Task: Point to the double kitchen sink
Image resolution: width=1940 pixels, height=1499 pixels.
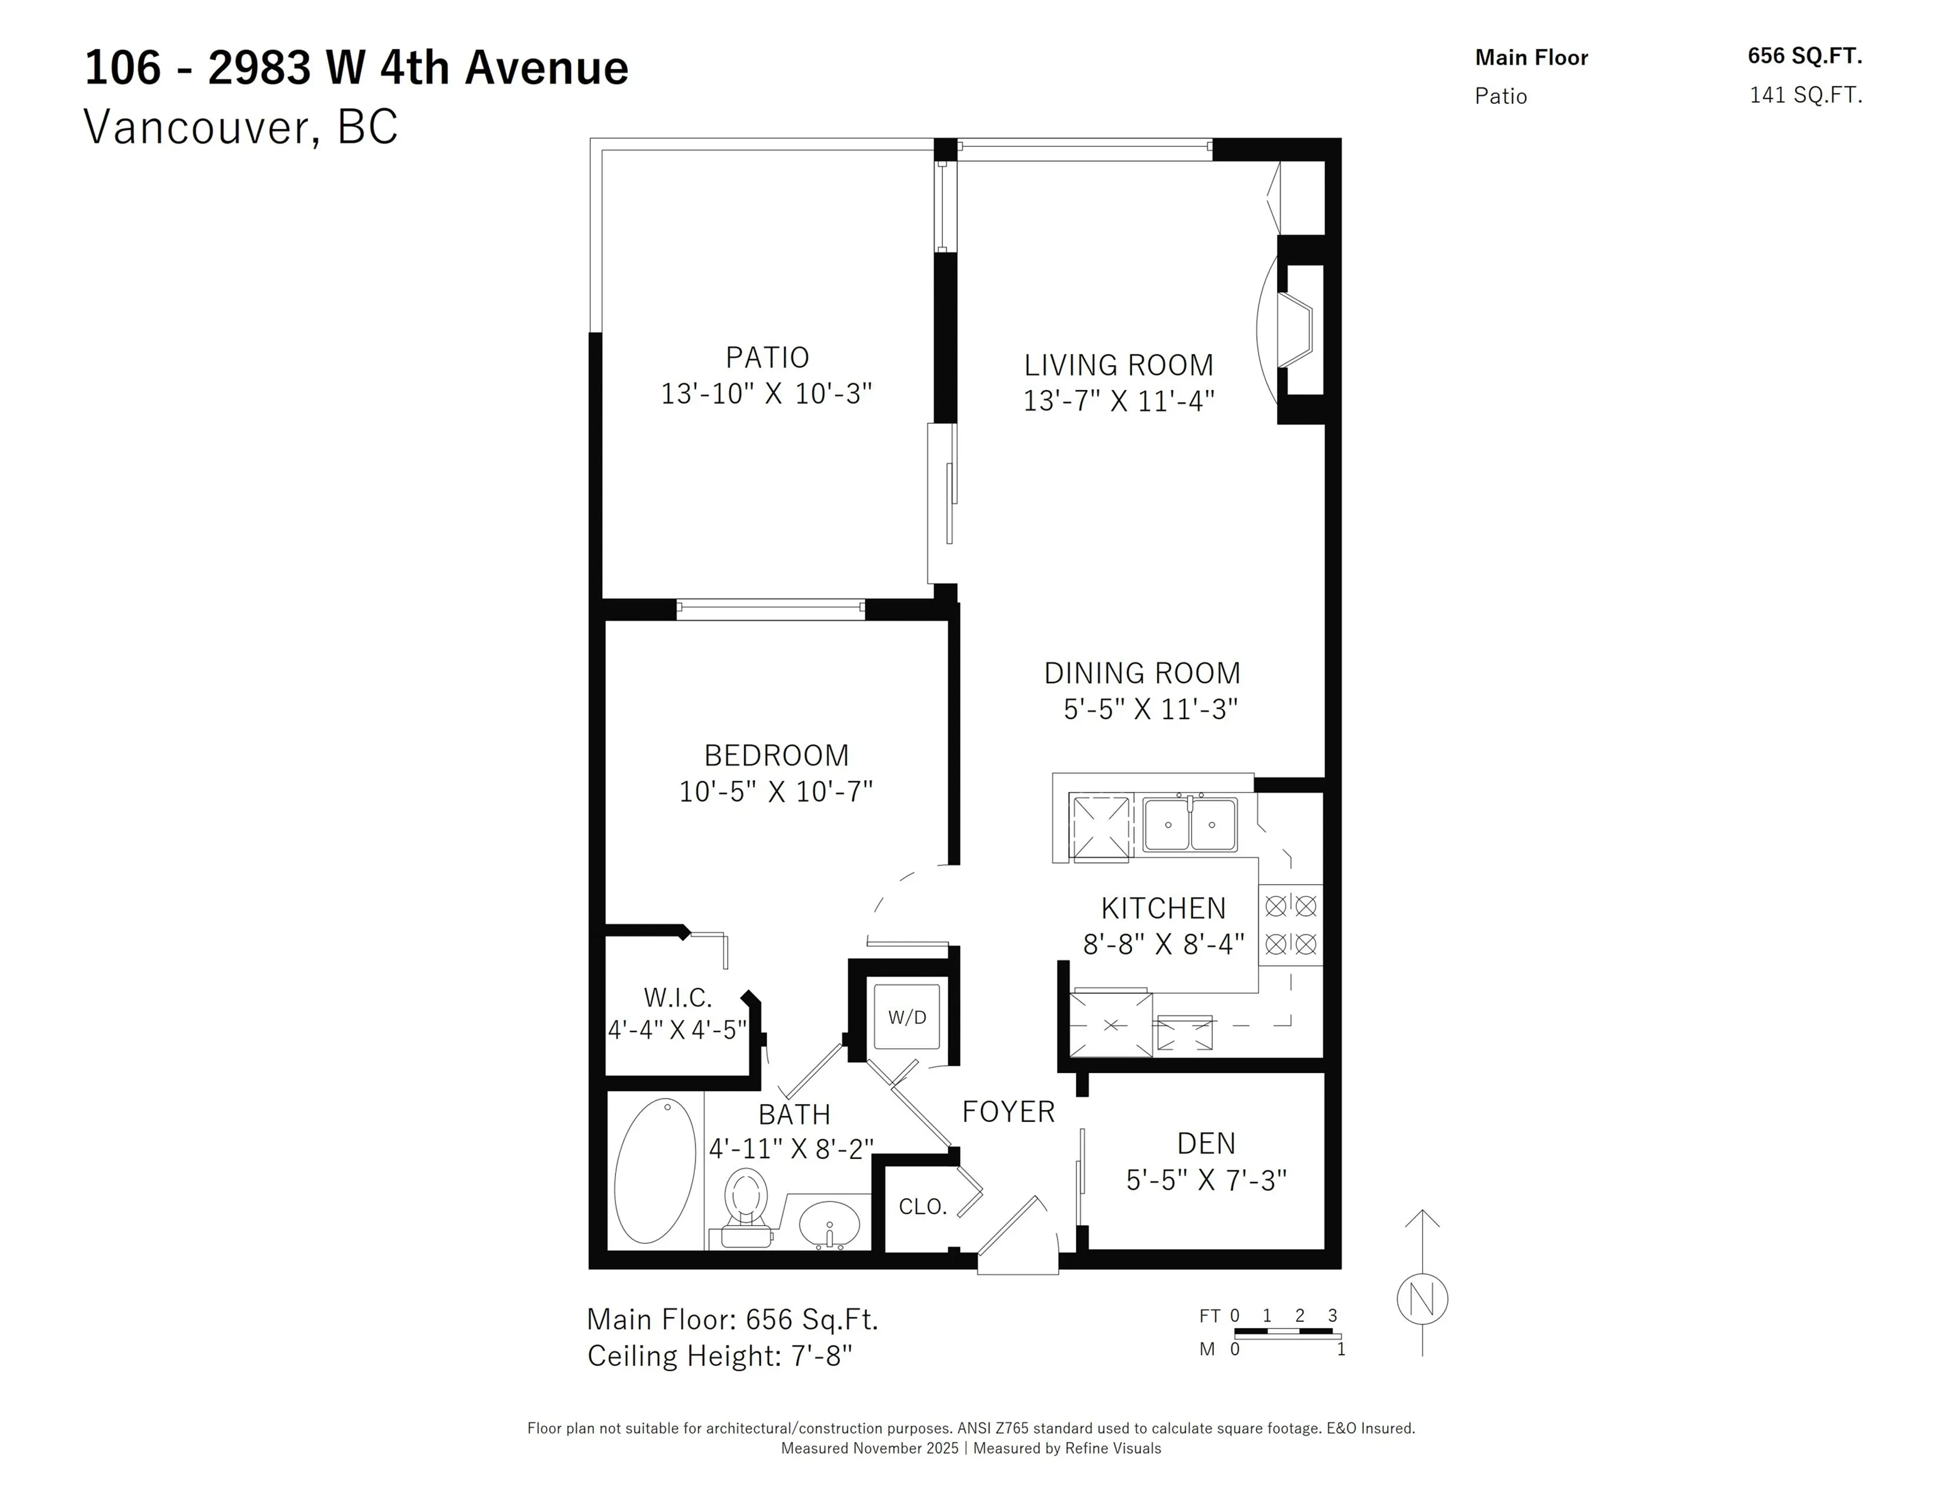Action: click(x=1189, y=824)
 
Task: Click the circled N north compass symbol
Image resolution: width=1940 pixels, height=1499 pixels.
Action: click(x=1422, y=1299)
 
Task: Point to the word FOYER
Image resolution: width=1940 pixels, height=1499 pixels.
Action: click(x=1008, y=1112)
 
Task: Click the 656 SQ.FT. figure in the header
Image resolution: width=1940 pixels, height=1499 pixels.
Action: click(x=1804, y=56)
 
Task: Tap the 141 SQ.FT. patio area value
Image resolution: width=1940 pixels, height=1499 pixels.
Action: click(x=1805, y=95)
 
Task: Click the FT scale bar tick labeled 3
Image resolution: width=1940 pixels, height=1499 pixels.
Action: click(x=1332, y=1315)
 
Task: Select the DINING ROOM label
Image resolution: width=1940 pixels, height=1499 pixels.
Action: click(x=1141, y=673)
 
